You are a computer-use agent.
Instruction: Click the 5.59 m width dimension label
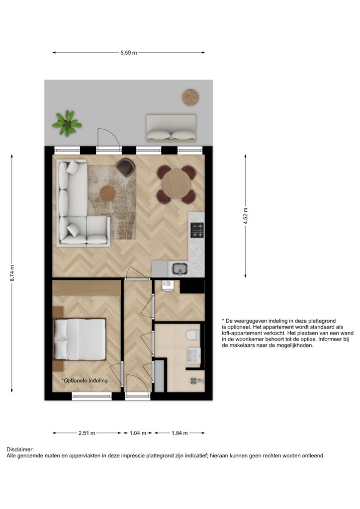pos(129,53)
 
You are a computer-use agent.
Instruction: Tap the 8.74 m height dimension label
pos(12,273)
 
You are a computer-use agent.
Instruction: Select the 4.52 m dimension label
pos(246,216)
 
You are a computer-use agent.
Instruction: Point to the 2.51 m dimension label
pos(87,433)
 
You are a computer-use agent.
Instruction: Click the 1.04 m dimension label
pos(138,433)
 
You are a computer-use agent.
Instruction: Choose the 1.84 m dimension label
pos(180,433)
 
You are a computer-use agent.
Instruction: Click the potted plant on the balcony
pos(67,123)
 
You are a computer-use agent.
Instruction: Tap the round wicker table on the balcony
pos(190,97)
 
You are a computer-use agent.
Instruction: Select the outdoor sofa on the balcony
pos(171,128)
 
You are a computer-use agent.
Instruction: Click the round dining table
pos(176,184)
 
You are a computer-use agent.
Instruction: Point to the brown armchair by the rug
pos(126,167)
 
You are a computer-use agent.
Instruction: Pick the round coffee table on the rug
pos(108,193)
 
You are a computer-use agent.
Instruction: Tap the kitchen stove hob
pos(197,230)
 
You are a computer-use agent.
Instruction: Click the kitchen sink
pos(180,269)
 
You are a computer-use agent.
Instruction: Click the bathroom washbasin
pos(194,355)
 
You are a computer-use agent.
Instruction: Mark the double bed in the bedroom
pos(80,339)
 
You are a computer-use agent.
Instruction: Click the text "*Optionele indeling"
pos(85,380)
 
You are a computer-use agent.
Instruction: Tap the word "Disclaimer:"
pos(20,449)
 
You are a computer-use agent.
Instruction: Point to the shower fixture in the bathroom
pos(194,381)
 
